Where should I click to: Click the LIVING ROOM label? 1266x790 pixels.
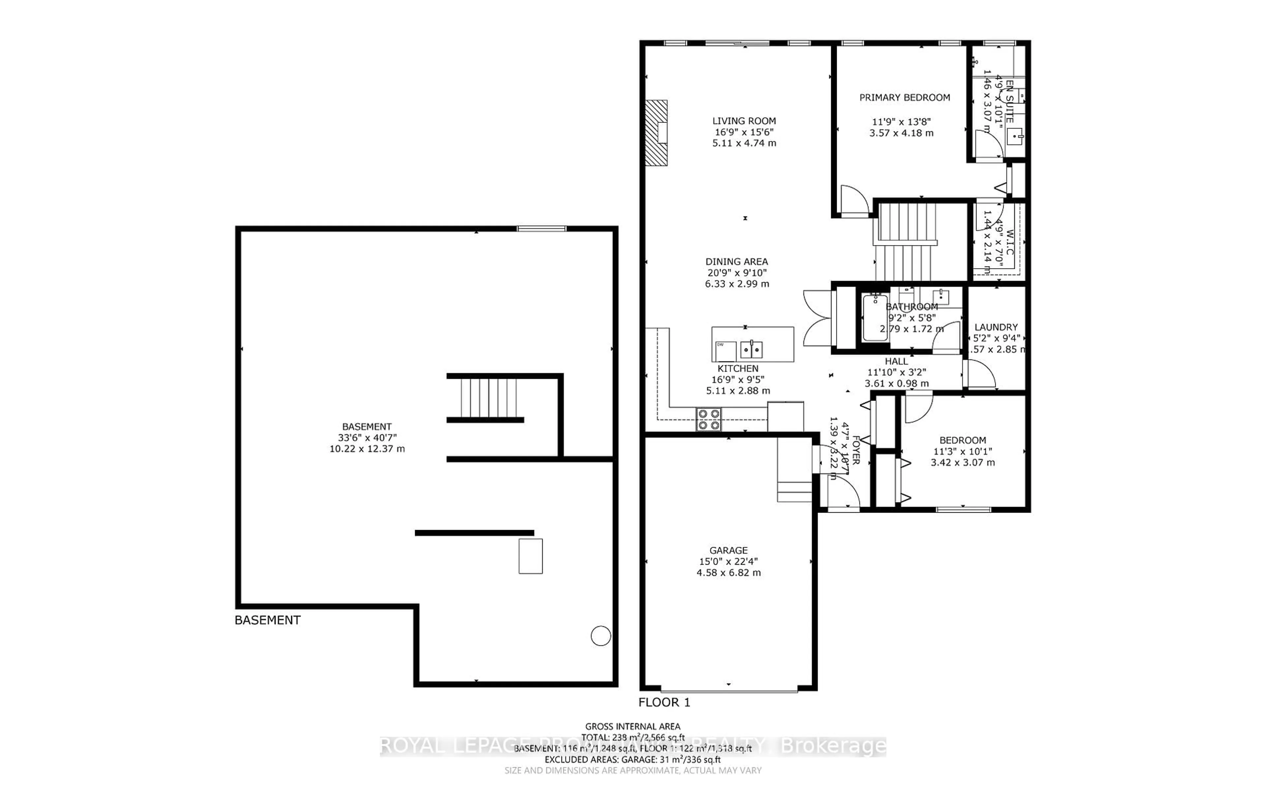pyautogui.click(x=744, y=121)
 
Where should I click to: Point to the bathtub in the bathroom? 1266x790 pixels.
pyautogui.click(x=874, y=318)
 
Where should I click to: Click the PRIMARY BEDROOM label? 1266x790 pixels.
pyautogui.click(x=904, y=97)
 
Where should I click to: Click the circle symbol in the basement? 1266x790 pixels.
pyautogui.click(x=601, y=636)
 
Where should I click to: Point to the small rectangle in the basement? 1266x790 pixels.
pyautogui.click(x=530, y=556)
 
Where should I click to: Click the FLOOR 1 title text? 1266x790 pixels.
pyautogui.click(x=664, y=702)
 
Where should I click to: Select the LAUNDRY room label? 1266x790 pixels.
pyautogui.click(x=995, y=327)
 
